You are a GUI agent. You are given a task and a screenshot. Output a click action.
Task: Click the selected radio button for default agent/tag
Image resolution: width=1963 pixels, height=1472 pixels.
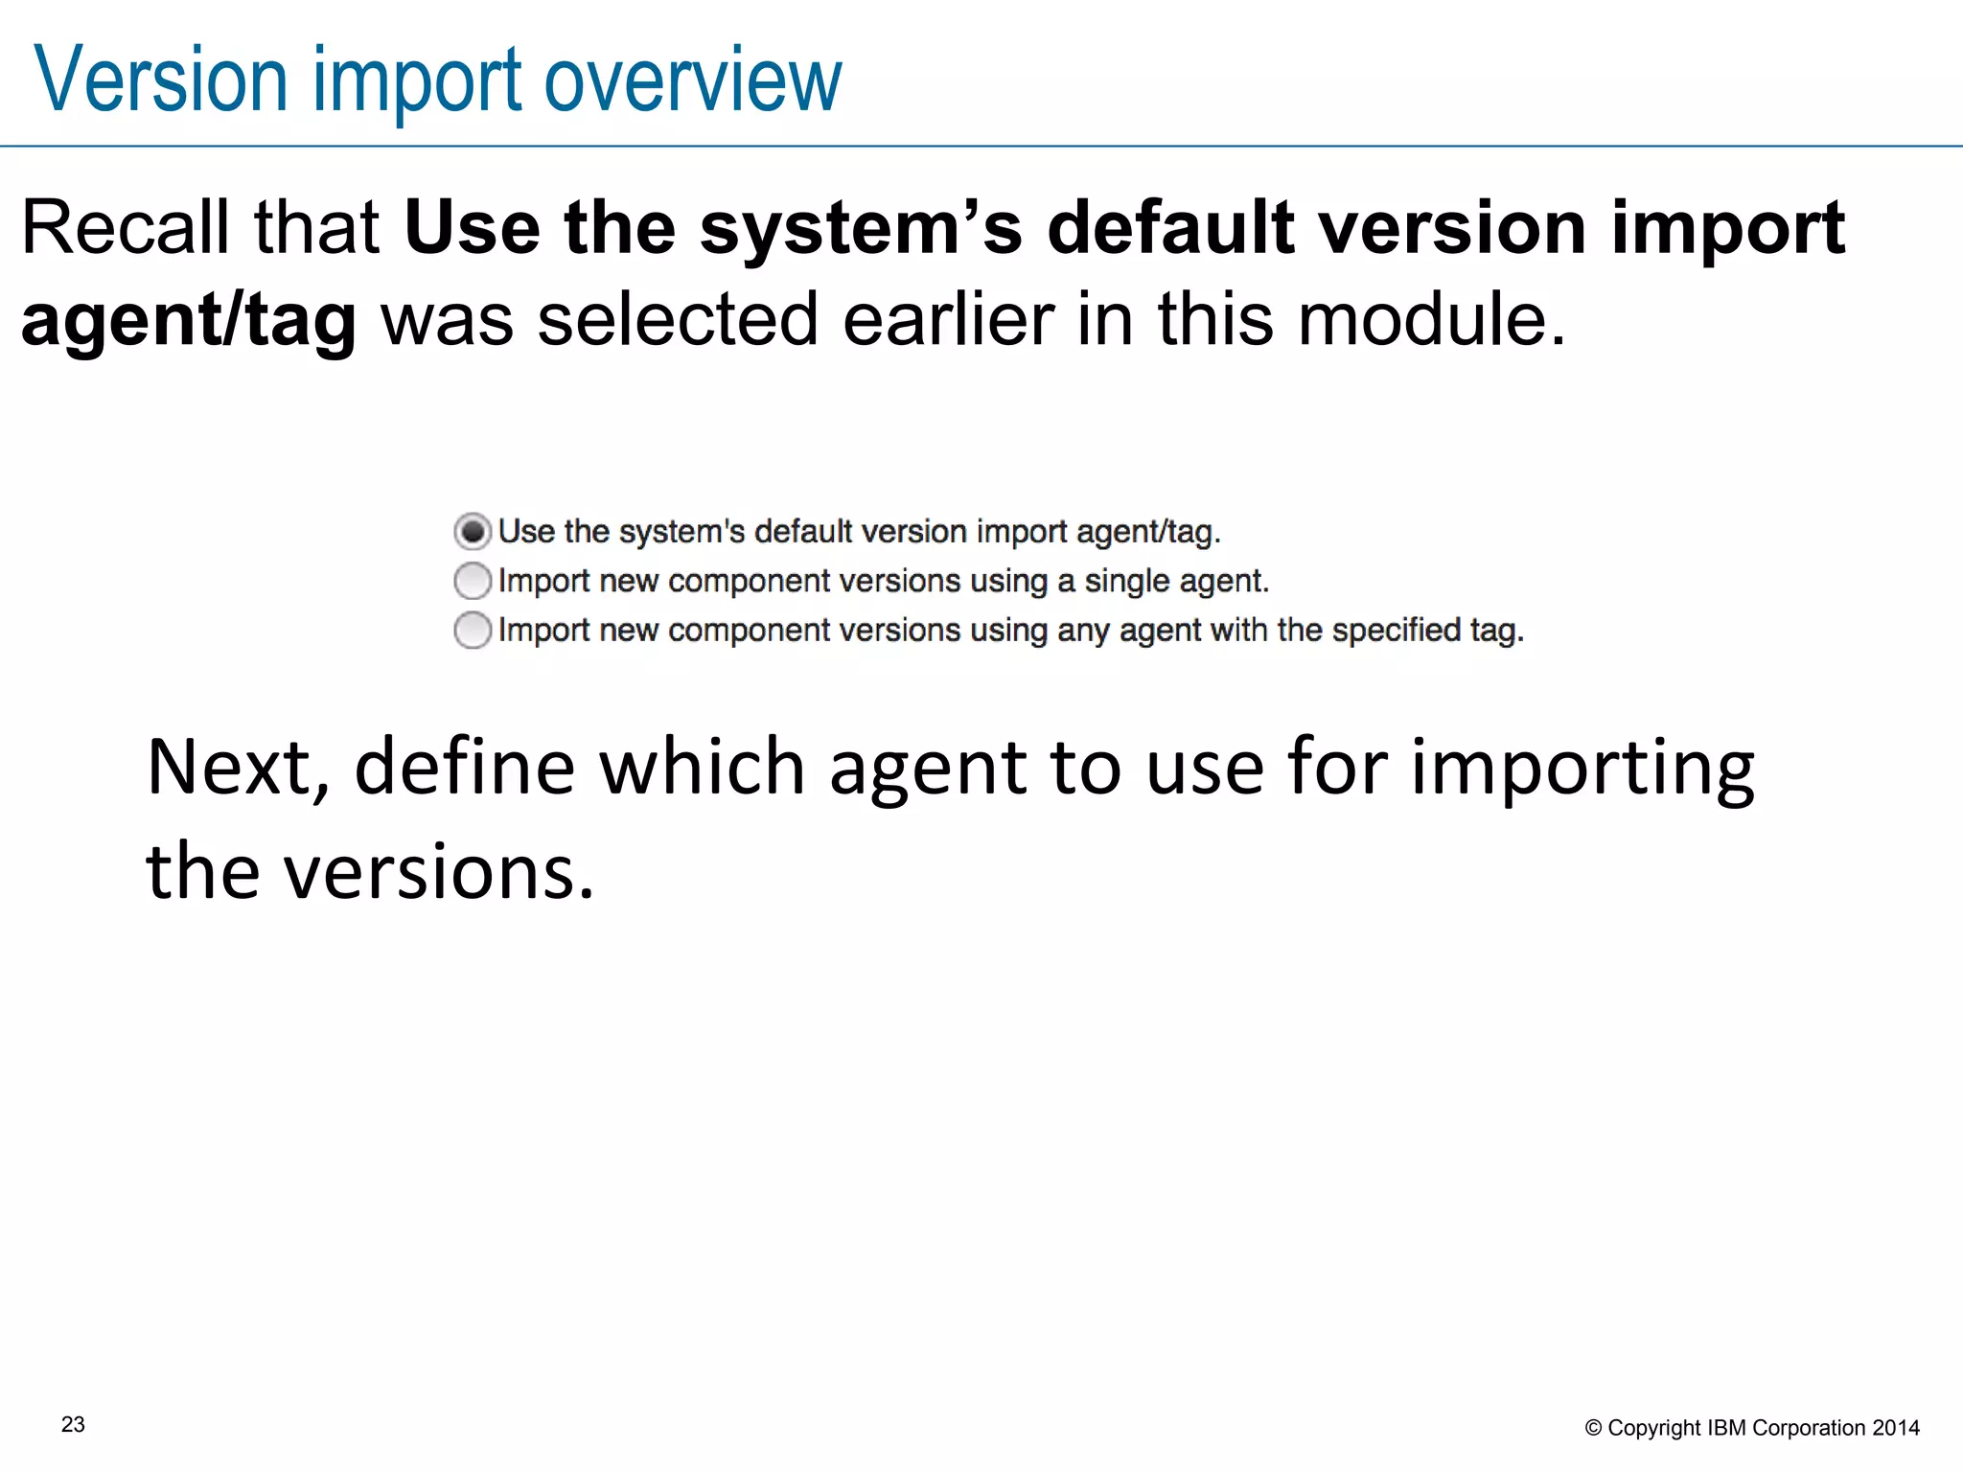pos(473,531)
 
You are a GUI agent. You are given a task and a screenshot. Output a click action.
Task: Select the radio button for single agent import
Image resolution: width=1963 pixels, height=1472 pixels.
pos(473,581)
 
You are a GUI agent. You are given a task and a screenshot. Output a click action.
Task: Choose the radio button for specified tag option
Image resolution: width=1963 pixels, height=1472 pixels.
pos(473,631)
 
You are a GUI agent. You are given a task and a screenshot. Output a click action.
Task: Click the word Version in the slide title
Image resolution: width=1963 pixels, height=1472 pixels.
pos(161,80)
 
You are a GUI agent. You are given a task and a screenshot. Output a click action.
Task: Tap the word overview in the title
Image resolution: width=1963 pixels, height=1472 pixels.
pos(693,80)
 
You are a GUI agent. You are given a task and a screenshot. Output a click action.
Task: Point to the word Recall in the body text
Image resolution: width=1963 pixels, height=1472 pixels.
pos(126,228)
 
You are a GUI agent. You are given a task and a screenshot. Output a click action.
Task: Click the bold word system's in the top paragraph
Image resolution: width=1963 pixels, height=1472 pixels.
pos(861,228)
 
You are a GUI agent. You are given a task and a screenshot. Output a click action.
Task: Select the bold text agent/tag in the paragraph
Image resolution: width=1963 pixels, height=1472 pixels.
pos(189,320)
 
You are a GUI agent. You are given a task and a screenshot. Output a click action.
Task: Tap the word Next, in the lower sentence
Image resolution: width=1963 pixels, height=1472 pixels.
pos(239,769)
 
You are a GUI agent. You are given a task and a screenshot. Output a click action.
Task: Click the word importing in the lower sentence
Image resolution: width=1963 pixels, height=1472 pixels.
pos(1582,769)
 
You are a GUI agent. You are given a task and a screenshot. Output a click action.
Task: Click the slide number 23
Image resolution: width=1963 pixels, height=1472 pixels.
pos(73,1425)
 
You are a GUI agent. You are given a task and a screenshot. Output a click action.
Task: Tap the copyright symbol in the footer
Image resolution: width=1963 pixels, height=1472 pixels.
pos(1593,1429)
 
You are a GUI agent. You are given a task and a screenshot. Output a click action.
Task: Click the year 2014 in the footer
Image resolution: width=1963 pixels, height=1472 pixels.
pos(1896,1429)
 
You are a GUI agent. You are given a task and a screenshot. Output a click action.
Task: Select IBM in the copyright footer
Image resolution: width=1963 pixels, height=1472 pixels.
pos(1727,1429)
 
